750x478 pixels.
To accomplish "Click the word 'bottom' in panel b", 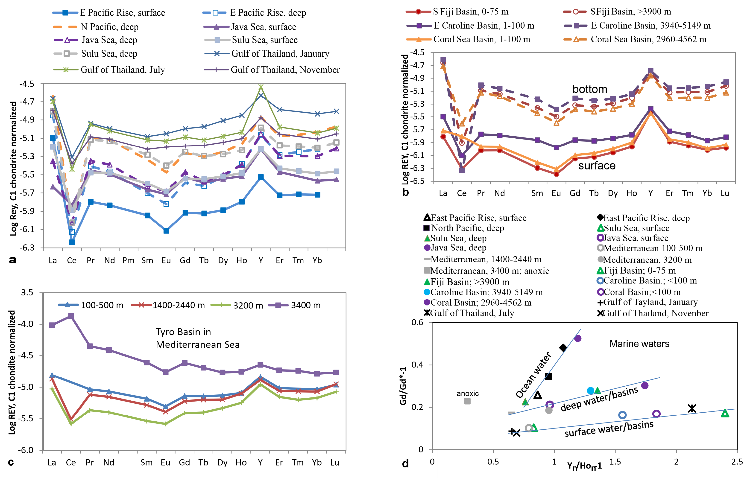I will click(x=590, y=89).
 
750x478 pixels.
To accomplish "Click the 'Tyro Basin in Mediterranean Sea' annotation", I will click(x=197, y=338).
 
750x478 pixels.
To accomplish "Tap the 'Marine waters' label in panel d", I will click(x=639, y=344).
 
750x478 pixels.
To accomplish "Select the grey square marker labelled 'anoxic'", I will click(x=467, y=401).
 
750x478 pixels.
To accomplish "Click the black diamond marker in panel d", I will click(x=563, y=347).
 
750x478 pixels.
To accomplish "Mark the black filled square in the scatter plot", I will click(x=548, y=376).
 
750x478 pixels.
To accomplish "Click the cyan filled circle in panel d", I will click(x=590, y=391).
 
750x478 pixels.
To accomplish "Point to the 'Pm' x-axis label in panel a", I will click(x=128, y=260).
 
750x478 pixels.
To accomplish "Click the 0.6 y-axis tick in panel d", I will click(x=417, y=322).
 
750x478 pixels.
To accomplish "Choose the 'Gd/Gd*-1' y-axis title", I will click(x=403, y=386).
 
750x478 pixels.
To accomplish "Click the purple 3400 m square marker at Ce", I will click(x=71, y=316).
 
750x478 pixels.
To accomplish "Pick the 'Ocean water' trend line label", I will click(x=533, y=375).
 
